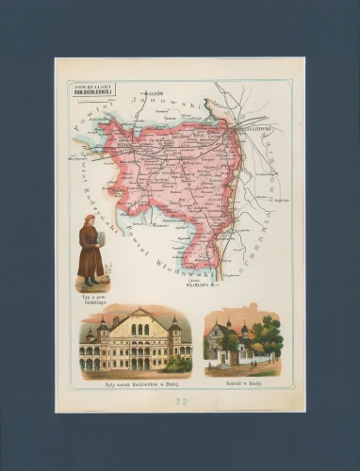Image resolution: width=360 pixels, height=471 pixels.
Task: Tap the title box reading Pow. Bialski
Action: click(84, 90)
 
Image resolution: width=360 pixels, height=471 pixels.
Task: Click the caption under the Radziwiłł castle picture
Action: click(136, 375)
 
